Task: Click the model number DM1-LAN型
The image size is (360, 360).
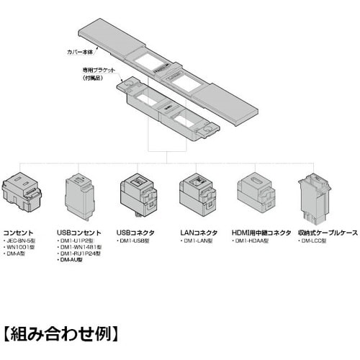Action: [196, 241]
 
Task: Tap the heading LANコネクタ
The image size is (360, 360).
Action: [198, 233]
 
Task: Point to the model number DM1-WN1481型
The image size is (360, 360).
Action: [84, 248]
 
